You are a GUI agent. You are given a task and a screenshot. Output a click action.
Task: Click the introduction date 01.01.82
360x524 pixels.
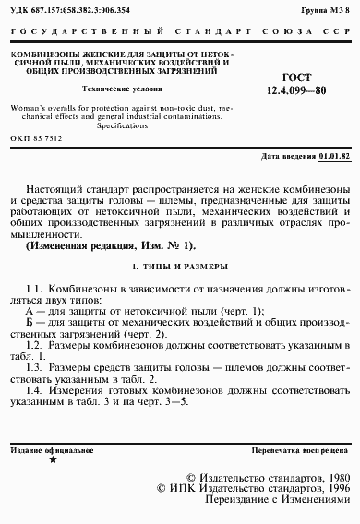[335, 157]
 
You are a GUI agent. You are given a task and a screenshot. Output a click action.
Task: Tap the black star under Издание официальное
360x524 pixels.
[52, 458]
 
